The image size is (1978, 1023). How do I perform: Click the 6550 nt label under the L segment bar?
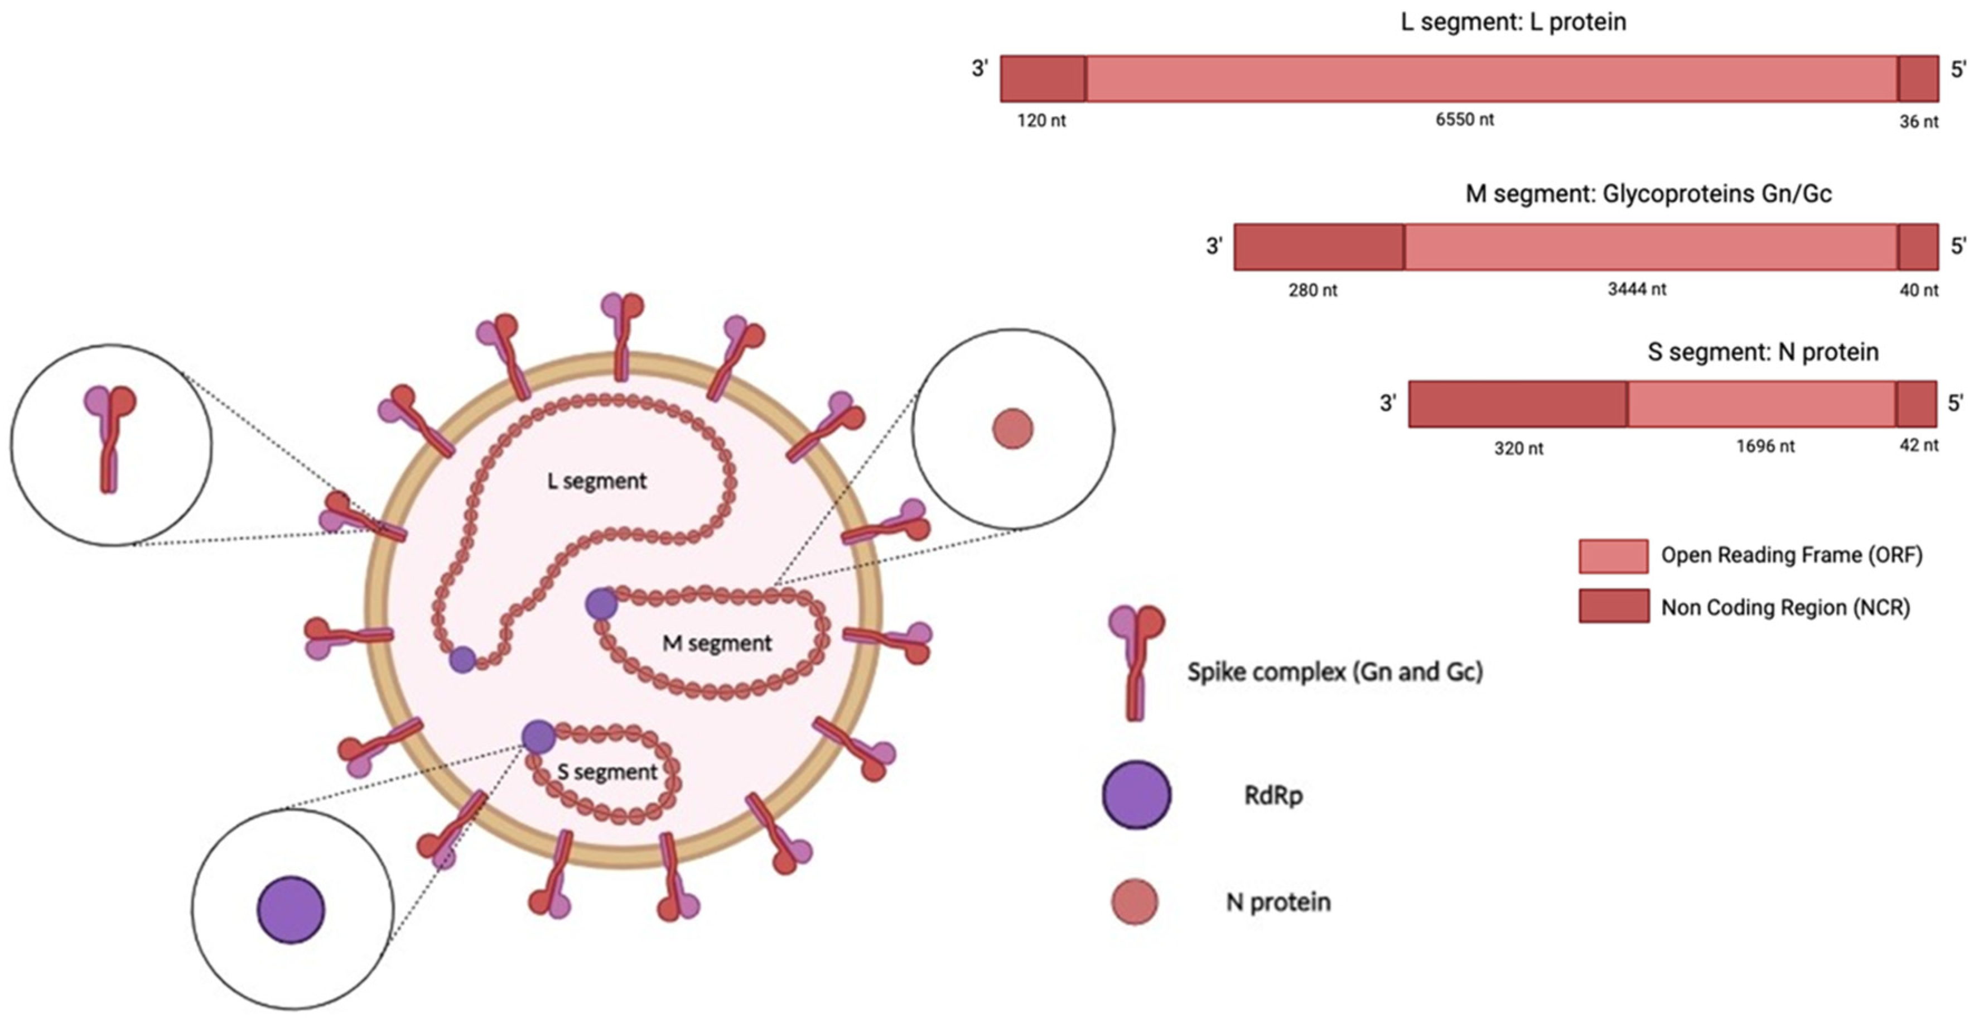click(x=1464, y=120)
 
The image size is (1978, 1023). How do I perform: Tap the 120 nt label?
click(x=1041, y=121)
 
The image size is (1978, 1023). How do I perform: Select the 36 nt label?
click(x=1919, y=121)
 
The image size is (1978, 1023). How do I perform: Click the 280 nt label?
click(x=1313, y=290)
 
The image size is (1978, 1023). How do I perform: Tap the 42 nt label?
click(x=1919, y=445)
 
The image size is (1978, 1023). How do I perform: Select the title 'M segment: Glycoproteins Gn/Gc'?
click(x=1648, y=194)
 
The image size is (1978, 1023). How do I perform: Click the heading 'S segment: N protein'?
click(x=1763, y=352)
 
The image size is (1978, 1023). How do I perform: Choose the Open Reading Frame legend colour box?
click(x=1613, y=556)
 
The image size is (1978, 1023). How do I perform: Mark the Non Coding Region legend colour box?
click(x=1613, y=606)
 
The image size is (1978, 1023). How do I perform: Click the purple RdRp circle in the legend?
click(x=1136, y=795)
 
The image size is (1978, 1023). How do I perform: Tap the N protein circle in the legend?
click(x=1134, y=902)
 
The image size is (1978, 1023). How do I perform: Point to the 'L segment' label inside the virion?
click(x=597, y=482)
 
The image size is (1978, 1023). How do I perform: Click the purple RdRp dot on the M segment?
click(x=601, y=604)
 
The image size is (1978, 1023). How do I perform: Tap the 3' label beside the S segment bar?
click(x=1387, y=403)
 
